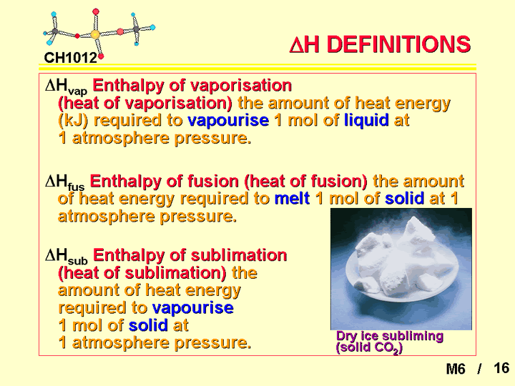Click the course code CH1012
tap(70, 58)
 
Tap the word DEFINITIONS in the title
tap(398, 44)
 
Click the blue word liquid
tap(366, 121)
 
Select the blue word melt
tap(292, 198)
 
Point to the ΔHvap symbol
tap(67, 87)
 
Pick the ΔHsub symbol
tap(67, 257)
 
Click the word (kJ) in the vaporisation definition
tap(73, 121)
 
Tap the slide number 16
tap(501, 368)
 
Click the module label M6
tap(456, 369)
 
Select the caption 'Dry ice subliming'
tap(390, 336)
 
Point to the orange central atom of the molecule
tap(95, 34)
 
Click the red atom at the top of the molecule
tap(96, 12)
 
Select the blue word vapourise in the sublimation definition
tap(193, 308)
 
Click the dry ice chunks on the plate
tap(401, 258)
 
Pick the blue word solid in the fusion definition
tap(404, 198)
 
